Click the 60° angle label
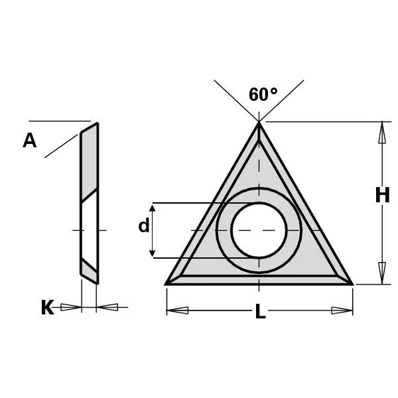tap(263, 94)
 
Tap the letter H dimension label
tap(382, 195)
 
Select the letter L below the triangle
tap(260, 311)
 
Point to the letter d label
tap(144, 226)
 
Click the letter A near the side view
tap(29, 141)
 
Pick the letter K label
tap(48, 307)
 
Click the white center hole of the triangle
tap(259, 230)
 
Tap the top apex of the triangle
tap(259, 122)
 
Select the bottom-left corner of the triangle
tap(165, 285)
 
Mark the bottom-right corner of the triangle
tap(353, 285)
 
